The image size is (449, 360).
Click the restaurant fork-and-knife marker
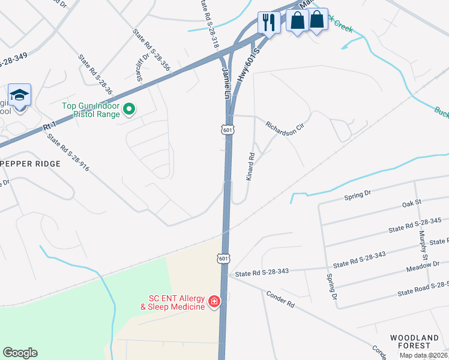(x=268, y=23)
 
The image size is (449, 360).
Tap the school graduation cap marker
(x=19, y=95)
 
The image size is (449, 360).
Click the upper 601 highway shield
(x=227, y=130)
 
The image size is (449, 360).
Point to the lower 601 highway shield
(x=223, y=258)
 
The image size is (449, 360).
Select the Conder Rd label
(x=280, y=300)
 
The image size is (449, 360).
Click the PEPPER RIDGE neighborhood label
(x=30, y=164)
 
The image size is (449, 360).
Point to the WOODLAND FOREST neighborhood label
(x=418, y=341)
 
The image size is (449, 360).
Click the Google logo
(x=20, y=353)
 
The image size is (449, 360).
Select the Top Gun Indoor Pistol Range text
(x=91, y=110)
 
